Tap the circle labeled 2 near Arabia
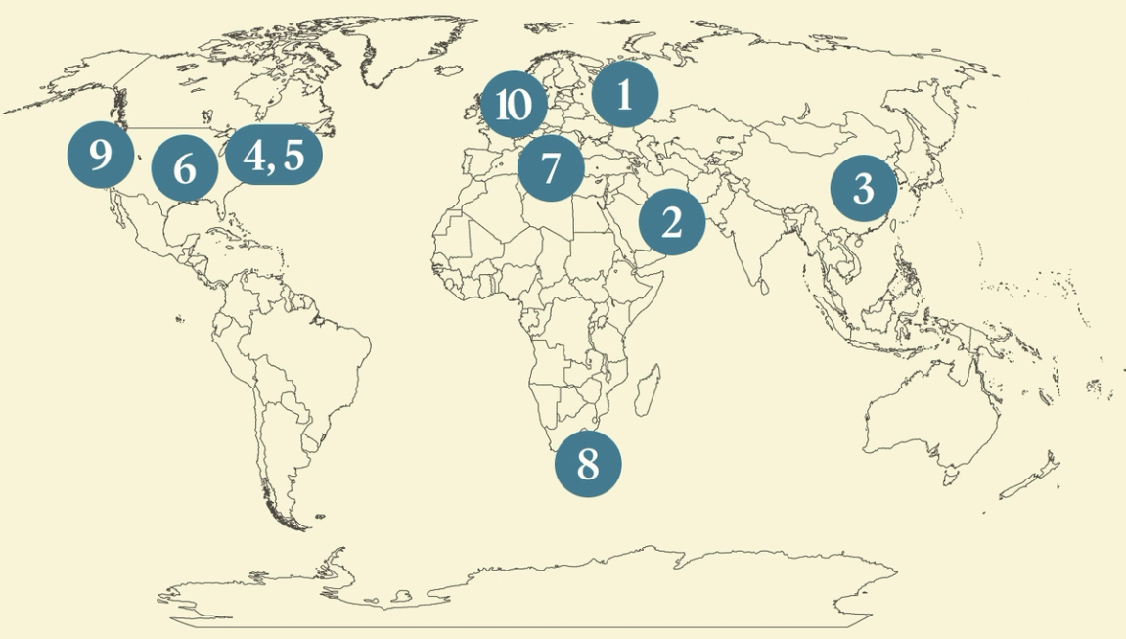pyautogui.click(x=671, y=222)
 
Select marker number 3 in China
pyautogui.click(x=863, y=188)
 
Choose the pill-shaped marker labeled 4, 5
pyautogui.click(x=273, y=155)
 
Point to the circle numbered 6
pyautogui.click(x=184, y=169)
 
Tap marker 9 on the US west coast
pyautogui.click(x=100, y=154)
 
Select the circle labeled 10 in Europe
pyautogui.click(x=514, y=104)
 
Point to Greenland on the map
pyautogui.click(x=411, y=59)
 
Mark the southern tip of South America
pyautogui.click(x=293, y=519)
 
